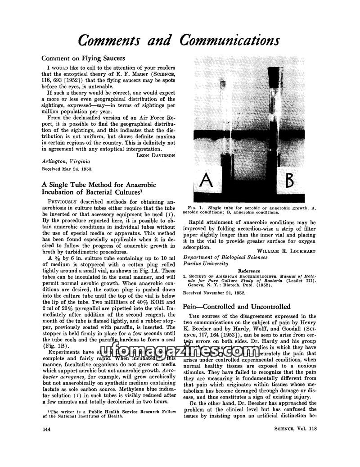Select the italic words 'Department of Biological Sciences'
(225, 257)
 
